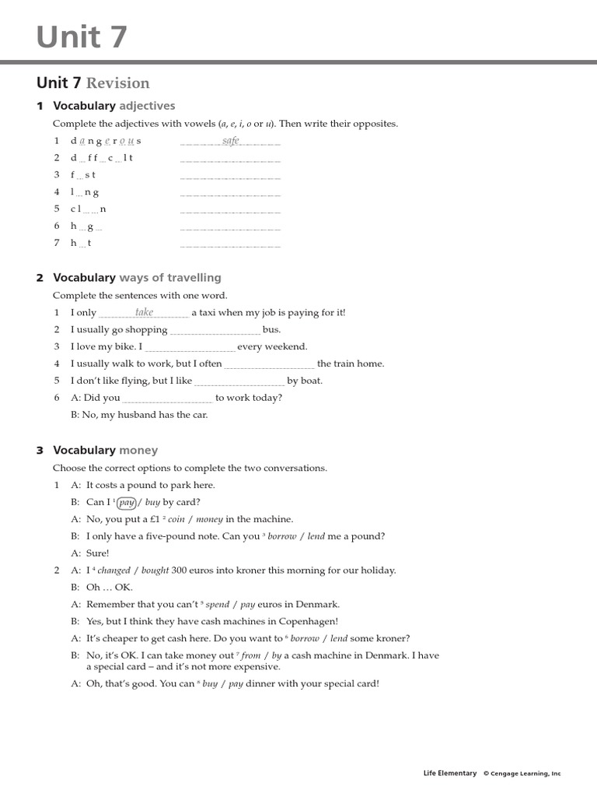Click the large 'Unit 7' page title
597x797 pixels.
coord(82,37)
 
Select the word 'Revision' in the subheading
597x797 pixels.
coord(117,83)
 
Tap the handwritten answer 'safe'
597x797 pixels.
coord(231,141)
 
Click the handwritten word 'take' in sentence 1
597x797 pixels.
coord(145,312)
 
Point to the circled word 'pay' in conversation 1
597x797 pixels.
coord(127,503)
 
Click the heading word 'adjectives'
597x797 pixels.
coord(147,106)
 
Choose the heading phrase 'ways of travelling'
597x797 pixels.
coord(170,278)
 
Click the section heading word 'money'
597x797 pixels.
coord(138,450)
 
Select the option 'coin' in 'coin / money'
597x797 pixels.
coord(176,519)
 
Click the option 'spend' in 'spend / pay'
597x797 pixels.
coord(218,605)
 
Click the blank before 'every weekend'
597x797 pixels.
coord(190,348)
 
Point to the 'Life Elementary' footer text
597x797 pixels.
coord(449,774)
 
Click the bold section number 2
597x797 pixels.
coord(40,278)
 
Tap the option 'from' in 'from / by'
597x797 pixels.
coord(251,656)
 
